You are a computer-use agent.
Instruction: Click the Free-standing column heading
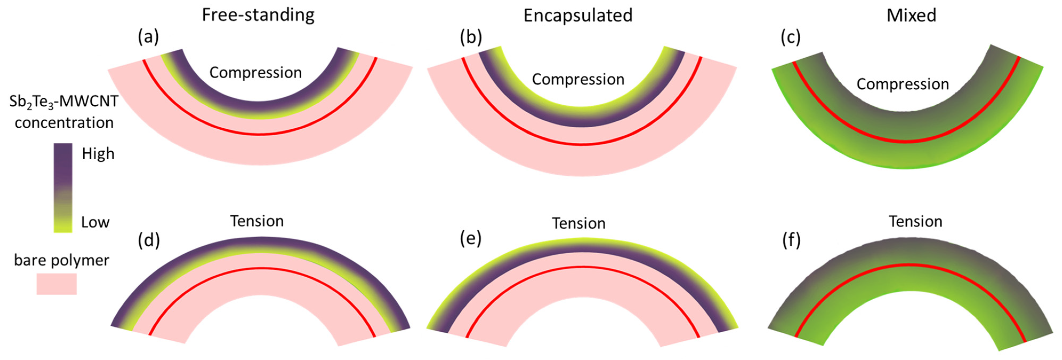pyautogui.click(x=258, y=15)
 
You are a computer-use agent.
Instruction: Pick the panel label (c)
pyautogui.click(x=790, y=37)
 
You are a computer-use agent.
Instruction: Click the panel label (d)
pyautogui.click(x=148, y=240)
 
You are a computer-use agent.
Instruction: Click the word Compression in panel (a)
pyautogui.click(x=256, y=73)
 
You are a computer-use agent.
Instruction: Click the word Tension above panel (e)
pyautogui.click(x=578, y=223)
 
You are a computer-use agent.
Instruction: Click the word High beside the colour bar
pyautogui.click(x=98, y=154)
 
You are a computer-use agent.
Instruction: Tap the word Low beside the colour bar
pyautogui.click(x=95, y=222)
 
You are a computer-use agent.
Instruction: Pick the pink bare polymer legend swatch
pyautogui.click(x=56, y=284)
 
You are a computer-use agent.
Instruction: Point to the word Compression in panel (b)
pyautogui.click(x=578, y=79)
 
